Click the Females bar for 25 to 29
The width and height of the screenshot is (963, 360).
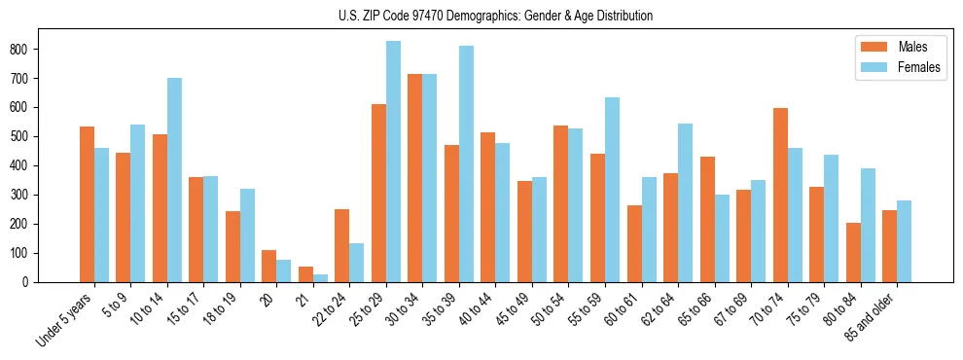[393, 162]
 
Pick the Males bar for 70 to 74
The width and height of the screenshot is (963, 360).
[780, 195]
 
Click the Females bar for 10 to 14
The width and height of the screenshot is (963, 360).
[174, 180]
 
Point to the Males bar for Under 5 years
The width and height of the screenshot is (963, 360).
[87, 204]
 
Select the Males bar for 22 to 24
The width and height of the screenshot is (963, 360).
[342, 245]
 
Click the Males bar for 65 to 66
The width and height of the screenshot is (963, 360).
[707, 219]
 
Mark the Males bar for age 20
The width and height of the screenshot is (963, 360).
[269, 266]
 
